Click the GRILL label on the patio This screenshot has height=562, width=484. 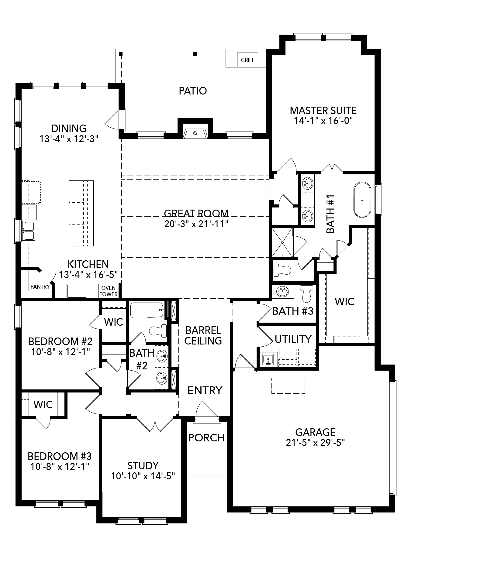(x=247, y=60)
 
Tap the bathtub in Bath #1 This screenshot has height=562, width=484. (x=362, y=200)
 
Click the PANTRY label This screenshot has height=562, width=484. (x=40, y=287)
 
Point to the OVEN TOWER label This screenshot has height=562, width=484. (x=109, y=291)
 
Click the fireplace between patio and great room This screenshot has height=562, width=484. (x=195, y=133)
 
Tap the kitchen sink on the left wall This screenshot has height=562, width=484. (x=29, y=231)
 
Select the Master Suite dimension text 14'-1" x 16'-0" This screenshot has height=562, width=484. (x=323, y=121)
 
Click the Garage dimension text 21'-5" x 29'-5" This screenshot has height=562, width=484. (x=315, y=443)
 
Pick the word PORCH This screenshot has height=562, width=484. (x=206, y=438)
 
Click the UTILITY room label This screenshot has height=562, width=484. (x=293, y=339)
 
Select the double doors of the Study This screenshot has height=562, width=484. (x=155, y=424)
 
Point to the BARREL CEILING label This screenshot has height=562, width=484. (x=203, y=336)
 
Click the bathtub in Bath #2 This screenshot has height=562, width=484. (x=147, y=310)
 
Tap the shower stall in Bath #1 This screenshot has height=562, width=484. (x=282, y=242)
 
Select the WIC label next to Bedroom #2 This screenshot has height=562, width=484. (x=113, y=322)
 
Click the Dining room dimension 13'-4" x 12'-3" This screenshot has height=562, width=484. (x=69, y=139)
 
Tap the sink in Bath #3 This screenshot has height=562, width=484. (x=283, y=292)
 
